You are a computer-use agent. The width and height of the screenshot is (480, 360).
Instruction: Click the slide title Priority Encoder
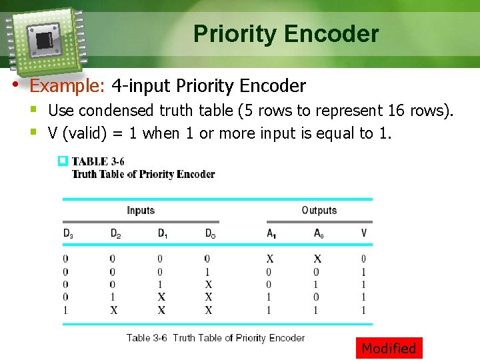tap(286, 34)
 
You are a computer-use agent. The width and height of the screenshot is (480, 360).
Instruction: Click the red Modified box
tap(389, 348)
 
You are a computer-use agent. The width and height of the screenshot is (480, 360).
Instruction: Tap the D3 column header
tap(68, 233)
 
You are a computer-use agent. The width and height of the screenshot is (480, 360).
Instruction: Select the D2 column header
tap(115, 233)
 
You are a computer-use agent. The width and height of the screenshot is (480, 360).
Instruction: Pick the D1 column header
tap(163, 233)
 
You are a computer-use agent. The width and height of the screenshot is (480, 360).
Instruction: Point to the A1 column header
tap(271, 233)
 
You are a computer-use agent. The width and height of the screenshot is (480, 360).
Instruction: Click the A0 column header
tap(318, 233)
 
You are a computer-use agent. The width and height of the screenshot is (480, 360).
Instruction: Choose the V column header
tap(363, 233)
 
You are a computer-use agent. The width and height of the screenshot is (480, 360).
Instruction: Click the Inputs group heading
tap(141, 211)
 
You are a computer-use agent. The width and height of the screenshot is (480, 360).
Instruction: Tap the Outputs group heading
tap(319, 211)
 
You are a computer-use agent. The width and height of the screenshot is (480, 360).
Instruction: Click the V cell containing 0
tap(363, 259)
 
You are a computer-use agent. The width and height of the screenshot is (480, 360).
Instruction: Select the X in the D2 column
tap(114, 310)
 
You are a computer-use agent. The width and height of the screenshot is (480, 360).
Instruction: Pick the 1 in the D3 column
tap(65, 310)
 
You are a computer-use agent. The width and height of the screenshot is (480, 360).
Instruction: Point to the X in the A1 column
tap(269, 259)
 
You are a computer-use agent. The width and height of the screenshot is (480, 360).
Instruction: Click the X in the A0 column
tap(317, 259)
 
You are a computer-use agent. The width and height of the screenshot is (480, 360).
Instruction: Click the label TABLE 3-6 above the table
tap(98, 161)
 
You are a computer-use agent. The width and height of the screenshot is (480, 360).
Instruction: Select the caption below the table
tap(215, 338)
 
